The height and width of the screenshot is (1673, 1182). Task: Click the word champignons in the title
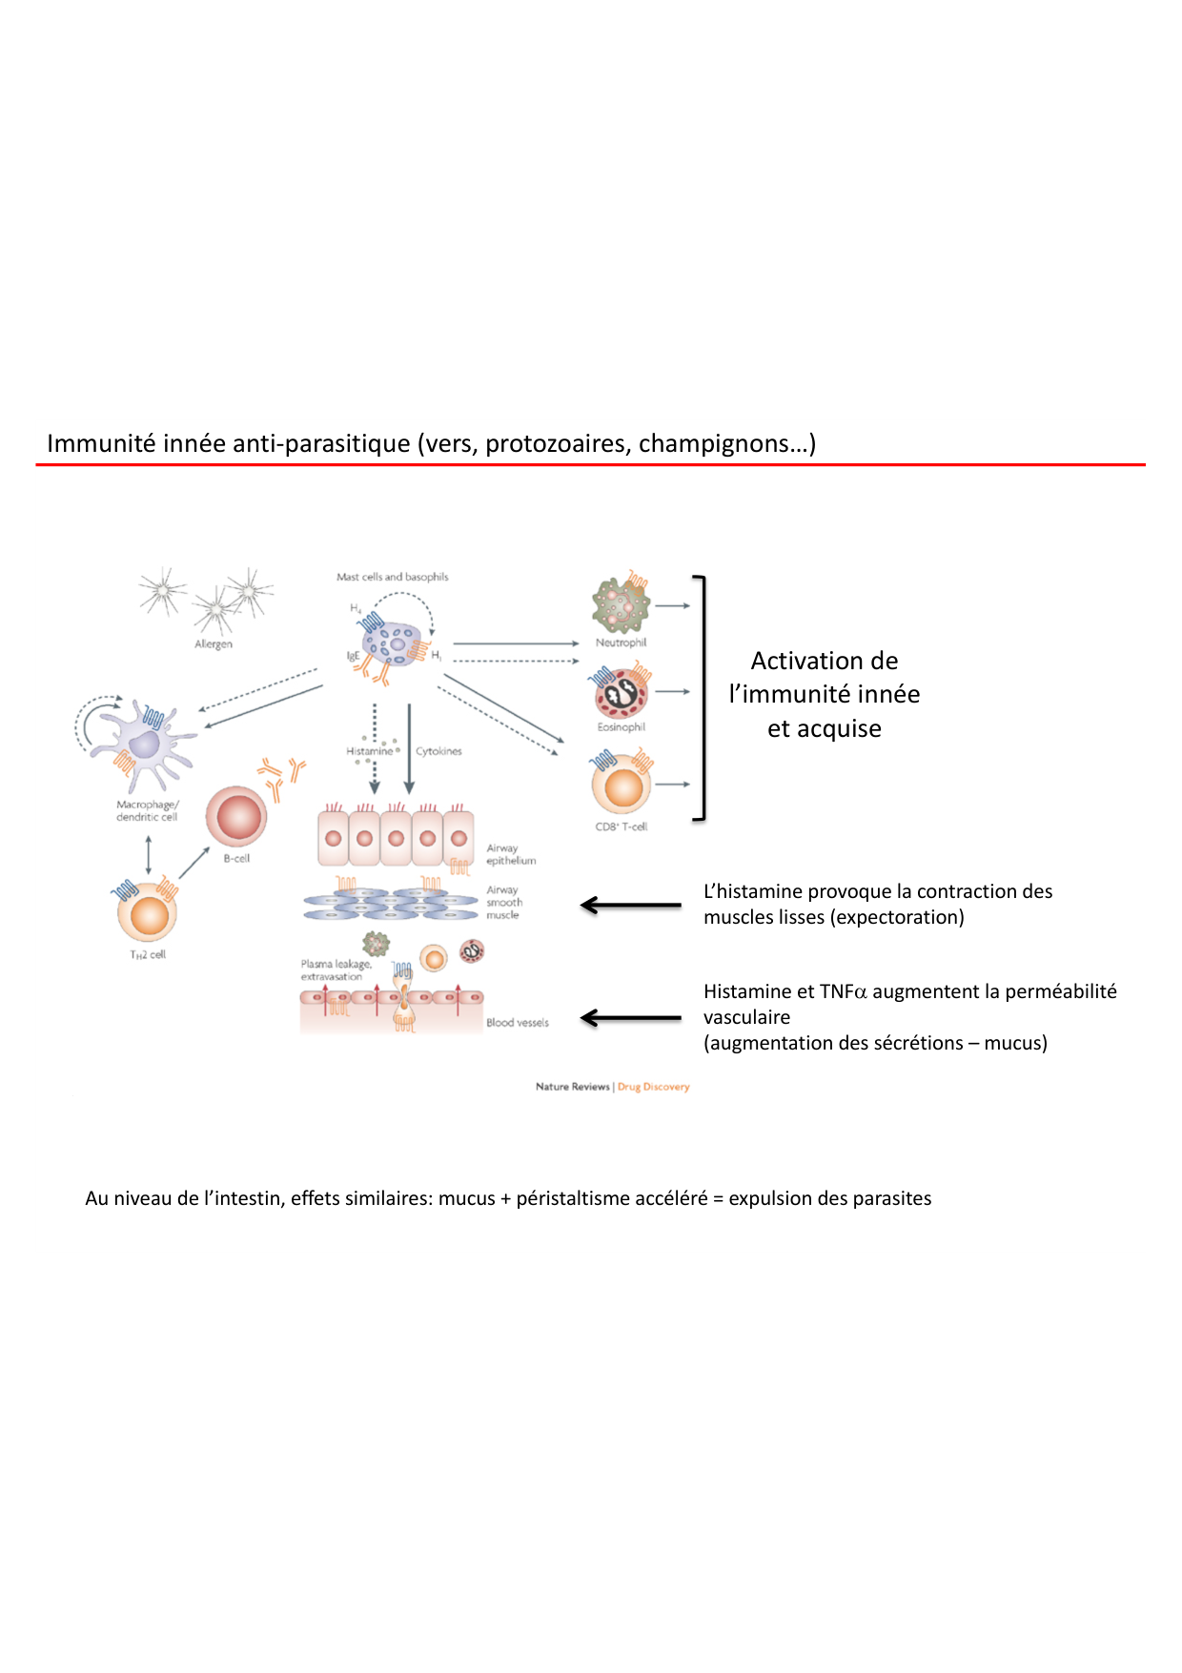722,443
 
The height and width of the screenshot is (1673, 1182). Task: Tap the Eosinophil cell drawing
621,693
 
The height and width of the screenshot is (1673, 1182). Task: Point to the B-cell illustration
236,817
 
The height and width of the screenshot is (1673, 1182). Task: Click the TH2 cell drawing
147,913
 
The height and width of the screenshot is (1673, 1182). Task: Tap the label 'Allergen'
214,644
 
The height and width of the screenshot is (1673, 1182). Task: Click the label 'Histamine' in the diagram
370,751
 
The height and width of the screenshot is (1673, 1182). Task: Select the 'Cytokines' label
438,751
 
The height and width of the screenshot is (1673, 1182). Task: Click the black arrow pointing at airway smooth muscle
630,905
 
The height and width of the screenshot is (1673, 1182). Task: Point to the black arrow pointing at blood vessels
630,1018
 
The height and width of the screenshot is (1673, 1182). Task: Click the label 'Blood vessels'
518,1023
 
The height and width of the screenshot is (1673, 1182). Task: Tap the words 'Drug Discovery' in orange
653,1087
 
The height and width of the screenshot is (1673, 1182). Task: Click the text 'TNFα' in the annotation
843,991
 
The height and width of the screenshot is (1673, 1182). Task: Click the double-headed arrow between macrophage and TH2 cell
148,855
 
